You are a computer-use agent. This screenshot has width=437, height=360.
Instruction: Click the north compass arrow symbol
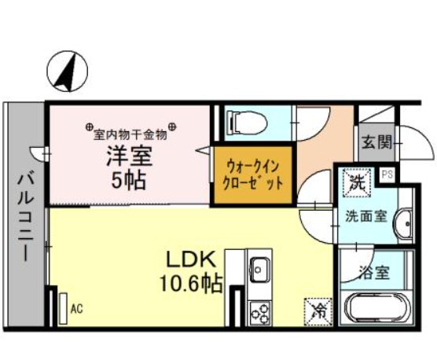[x=65, y=71]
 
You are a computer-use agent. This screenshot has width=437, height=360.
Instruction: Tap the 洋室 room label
[x=130, y=154]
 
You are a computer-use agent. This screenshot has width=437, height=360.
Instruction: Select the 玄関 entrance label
[x=376, y=144]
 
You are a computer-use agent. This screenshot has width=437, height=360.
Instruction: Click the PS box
[x=387, y=174]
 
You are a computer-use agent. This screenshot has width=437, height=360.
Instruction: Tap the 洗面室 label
[x=366, y=216]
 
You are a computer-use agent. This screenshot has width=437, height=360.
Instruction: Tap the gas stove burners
[x=259, y=312]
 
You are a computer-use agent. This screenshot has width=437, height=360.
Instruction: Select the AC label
[x=76, y=308]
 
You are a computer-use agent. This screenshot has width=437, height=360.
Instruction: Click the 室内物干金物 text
[x=130, y=128]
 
